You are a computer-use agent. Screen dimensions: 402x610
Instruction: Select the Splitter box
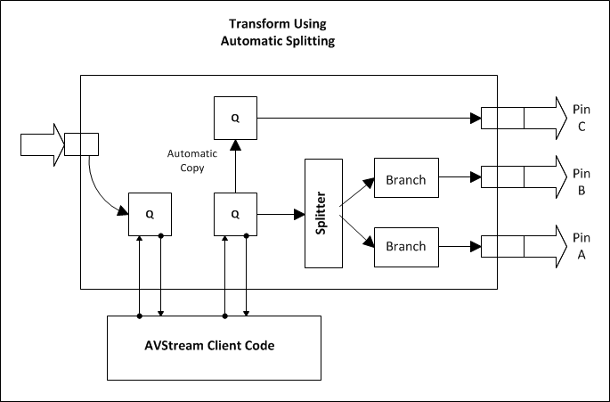pyautogui.click(x=323, y=213)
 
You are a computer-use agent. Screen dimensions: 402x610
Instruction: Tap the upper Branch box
pyautogui.click(x=406, y=179)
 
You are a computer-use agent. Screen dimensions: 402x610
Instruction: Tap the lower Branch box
pyautogui.click(x=406, y=246)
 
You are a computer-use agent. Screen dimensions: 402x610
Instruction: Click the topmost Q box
pyautogui.click(x=234, y=118)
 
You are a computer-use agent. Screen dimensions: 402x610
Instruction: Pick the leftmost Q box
pyautogui.click(x=150, y=214)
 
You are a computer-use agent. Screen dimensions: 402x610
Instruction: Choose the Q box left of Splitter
pyautogui.click(x=234, y=214)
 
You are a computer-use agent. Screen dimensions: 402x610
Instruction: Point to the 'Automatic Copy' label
pyautogui.click(x=191, y=160)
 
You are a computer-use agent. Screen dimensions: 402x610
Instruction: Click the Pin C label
pyautogui.click(x=581, y=118)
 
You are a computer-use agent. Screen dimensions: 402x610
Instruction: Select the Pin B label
pyautogui.click(x=581, y=181)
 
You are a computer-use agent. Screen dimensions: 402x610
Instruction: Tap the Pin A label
pyautogui.click(x=581, y=245)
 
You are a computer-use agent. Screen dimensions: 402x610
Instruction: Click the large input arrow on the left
pyautogui.click(x=43, y=144)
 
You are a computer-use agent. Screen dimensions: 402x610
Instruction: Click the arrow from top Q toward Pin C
pyautogui.click(x=365, y=118)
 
